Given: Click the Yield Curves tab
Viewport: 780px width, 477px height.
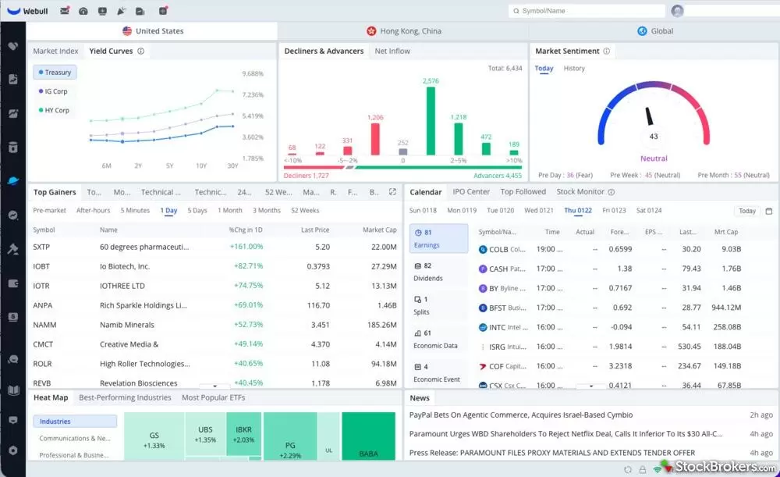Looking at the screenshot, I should (111, 52).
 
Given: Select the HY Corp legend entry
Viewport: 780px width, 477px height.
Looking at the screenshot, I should (56, 110).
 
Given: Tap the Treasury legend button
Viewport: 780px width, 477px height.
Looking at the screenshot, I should (55, 73).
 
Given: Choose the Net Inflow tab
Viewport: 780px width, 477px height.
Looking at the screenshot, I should (392, 52).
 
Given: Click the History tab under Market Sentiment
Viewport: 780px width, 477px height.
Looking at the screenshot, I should (574, 69).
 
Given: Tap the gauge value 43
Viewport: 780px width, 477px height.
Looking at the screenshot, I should (654, 137).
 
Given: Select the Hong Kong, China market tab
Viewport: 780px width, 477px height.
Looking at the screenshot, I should (403, 31).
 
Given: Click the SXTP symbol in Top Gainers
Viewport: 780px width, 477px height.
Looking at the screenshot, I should (42, 247).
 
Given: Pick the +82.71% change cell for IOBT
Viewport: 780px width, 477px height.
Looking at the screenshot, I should (248, 266).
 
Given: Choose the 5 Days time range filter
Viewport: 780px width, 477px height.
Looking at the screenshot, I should (197, 211).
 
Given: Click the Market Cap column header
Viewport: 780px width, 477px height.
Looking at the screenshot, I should (379, 230).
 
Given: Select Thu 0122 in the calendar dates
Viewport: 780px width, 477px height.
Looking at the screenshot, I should (578, 211).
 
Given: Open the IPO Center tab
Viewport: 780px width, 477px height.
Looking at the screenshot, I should (471, 192).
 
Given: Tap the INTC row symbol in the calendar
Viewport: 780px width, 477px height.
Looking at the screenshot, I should (497, 327).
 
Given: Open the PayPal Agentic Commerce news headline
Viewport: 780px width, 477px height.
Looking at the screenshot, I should (521, 415).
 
